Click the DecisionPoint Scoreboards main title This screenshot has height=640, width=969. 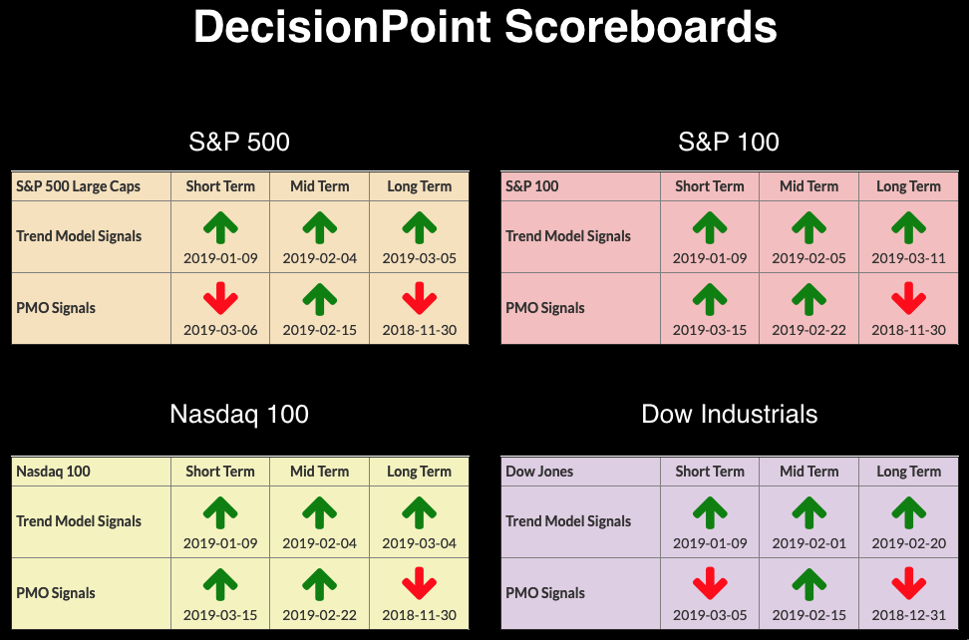tap(485, 27)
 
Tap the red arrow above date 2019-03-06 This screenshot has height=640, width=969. tap(220, 298)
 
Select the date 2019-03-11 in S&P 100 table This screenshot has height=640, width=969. tap(908, 258)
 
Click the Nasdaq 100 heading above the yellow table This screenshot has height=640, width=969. tap(239, 414)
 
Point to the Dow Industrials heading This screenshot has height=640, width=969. tap(729, 414)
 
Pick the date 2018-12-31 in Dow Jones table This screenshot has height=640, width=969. tap(908, 615)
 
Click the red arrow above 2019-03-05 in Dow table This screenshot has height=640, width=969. tap(710, 584)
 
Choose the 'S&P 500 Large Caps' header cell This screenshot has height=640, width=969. tap(79, 186)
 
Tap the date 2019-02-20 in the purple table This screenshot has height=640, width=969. tap(908, 543)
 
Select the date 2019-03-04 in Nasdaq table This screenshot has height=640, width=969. tap(419, 543)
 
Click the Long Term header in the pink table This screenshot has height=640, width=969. tap(908, 186)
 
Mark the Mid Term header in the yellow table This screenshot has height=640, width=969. tap(319, 472)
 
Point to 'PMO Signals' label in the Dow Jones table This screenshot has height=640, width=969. tap(545, 593)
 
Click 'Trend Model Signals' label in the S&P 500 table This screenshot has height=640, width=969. tap(79, 236)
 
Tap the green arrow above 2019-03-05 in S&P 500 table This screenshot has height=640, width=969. tap(420, 227)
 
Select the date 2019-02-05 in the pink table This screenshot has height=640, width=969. tap(808, 258)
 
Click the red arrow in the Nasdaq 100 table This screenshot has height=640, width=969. tap(420, 584)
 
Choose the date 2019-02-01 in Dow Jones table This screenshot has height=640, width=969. tap(808, 543)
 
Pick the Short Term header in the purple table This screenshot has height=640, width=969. tap(710, 472)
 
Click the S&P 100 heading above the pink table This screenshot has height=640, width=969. tap(729, 143)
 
